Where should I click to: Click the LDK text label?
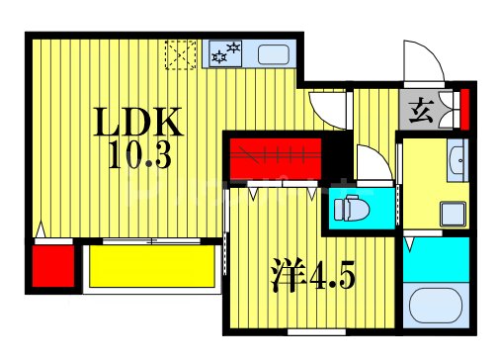coord(139,124)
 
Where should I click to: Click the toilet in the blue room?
coord(350,209)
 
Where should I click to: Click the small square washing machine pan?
coord(455,212)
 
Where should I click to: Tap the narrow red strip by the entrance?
coord(465,109)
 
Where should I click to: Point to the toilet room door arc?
coord(371,160)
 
